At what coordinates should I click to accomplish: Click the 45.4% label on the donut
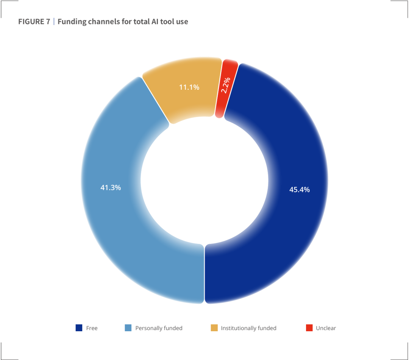point(300,190)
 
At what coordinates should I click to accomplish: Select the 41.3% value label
point(111,188)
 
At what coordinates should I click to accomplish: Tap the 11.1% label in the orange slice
point(189,87)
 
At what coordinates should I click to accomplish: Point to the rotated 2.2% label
point(226,85)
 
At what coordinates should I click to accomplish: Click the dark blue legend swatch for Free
point(79,328)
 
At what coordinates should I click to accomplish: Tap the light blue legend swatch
point(128,328)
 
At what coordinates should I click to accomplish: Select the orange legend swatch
point(214,328)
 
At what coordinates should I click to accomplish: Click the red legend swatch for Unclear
point(309,328)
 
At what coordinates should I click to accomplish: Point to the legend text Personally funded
point(159,328)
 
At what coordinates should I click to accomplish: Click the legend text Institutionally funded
point(248,328)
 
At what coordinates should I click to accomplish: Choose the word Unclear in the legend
point(326,328)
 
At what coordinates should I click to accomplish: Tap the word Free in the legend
point(92,328)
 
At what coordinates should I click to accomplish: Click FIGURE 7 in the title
point(34,22)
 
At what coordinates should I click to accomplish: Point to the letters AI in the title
point(155,22)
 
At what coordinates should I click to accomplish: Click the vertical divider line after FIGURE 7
point(54,21)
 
